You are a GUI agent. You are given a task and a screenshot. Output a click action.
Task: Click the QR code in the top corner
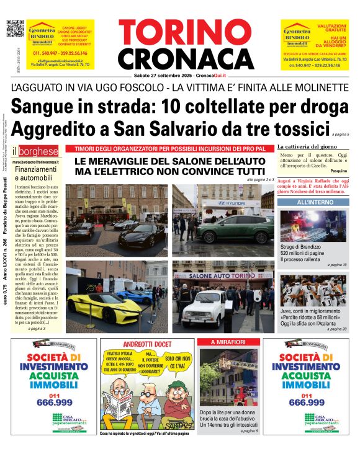pyautogui.click(x=14, y=29)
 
